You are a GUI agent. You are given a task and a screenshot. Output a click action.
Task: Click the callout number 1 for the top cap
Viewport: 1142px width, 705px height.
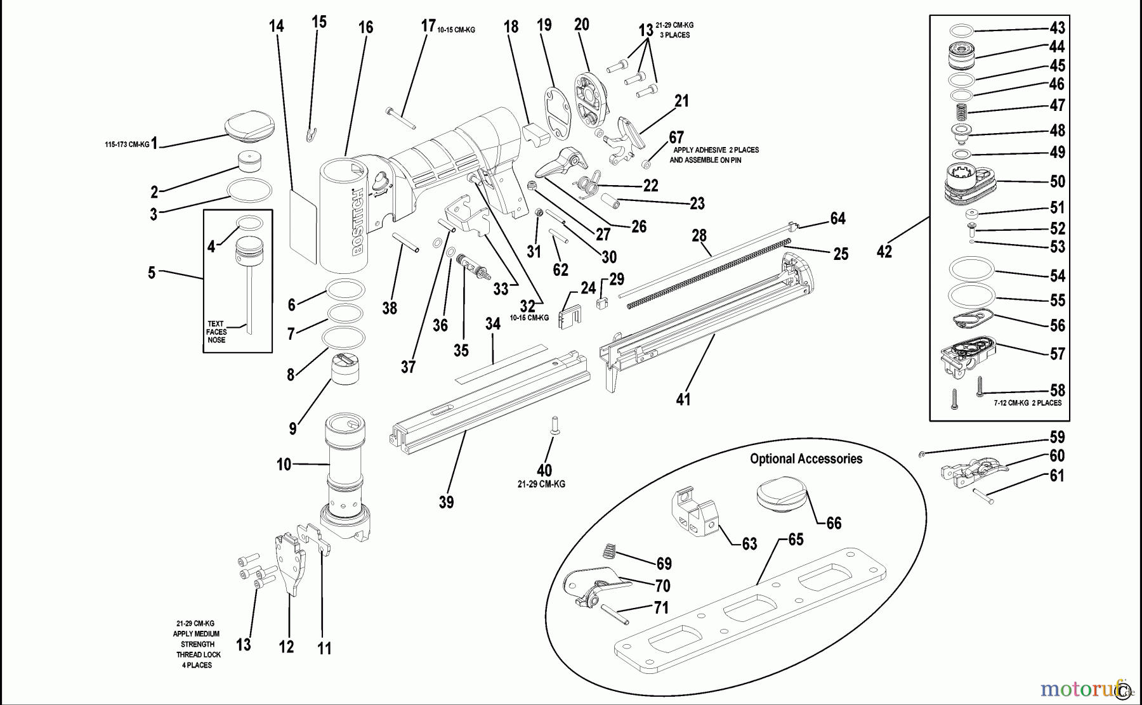pyautogui.click(x=154, y=143)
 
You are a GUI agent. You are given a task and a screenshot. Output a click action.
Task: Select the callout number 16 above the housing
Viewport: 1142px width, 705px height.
pyautogui.click(x=365, y=27)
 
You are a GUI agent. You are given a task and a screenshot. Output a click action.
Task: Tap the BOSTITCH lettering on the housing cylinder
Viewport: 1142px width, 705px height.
pyautogui.click(x=358, y=222)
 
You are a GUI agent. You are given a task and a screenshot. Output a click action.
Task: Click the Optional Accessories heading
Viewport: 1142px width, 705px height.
pyautogui.click(x=806, y=459)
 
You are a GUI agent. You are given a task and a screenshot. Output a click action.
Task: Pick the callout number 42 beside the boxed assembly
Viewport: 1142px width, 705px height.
pyautogui.click(x=884, y=252)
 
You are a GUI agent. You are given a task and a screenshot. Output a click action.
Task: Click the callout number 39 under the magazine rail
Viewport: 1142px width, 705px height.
pyautogui.click(x=446, y=502)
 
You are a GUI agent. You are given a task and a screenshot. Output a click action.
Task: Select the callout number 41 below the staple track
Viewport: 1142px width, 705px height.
pyautogui.click(x=683, y=399)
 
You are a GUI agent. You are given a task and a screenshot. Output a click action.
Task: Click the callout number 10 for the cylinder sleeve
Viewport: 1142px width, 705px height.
pyautogui.click(x=284, y=465)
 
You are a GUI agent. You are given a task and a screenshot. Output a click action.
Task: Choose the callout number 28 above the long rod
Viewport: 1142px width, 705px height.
pyautogui.click(x=699, y=236)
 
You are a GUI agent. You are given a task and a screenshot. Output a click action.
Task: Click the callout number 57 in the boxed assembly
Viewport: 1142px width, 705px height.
pyautogui.click(x=1057, y=354)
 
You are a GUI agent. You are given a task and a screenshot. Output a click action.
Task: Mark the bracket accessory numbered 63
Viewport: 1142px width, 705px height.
pyautogui.click(x=694, y=515)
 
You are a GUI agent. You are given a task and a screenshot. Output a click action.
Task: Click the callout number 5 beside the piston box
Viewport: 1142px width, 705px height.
pyautogui.click(x=152, y=273)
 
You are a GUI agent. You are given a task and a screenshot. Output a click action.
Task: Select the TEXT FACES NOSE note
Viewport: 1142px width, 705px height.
pyautogui.click(x=216, y=332)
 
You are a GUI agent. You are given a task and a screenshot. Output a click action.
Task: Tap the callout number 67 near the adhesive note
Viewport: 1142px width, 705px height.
pyautogui.click(x=676, y=138)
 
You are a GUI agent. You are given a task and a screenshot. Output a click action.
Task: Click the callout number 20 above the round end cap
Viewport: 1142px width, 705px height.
pyautogui.click(x=581, y=25)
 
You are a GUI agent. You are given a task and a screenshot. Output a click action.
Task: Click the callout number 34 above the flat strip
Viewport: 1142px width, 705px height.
pyautogui.click(x=493, y=324)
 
